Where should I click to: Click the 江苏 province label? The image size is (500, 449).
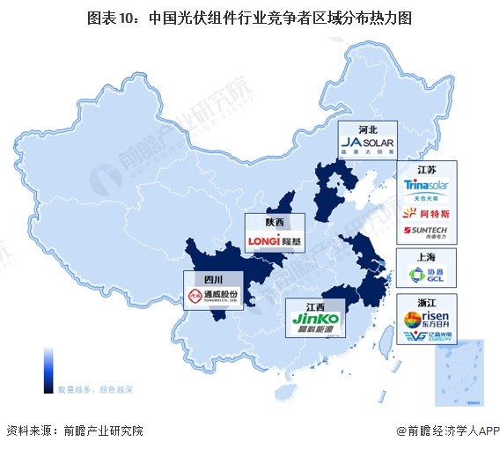(x=426, y=169)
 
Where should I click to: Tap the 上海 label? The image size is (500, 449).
(x=427, y=257)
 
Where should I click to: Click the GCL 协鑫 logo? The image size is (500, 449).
(x=427, y=276)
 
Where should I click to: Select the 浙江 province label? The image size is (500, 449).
(x=426, y=302)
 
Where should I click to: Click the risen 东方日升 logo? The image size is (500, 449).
(x=427, y=319)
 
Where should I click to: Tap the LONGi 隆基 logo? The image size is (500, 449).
(x=276, y=239)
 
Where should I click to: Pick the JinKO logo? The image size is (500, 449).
(x=314, y=322)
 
